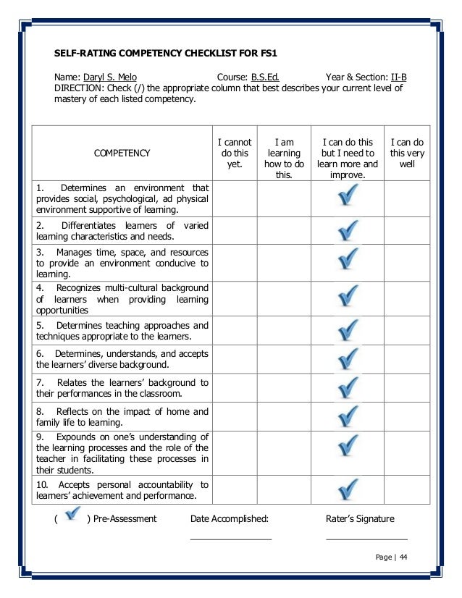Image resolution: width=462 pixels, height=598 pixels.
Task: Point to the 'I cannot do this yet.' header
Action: tap(235, 153)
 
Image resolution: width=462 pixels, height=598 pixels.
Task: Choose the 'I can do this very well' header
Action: tap(407, 153)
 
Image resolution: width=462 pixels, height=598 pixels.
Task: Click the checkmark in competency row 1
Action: tap(348, 195)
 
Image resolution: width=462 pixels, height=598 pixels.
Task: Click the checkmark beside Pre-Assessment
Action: tap(72, 516)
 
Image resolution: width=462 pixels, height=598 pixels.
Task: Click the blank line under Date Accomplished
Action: tap(230, 539)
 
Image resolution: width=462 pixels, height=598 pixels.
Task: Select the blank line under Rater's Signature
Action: tap(366, 539)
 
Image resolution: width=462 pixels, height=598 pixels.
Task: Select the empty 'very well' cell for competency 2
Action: tap(407, 231)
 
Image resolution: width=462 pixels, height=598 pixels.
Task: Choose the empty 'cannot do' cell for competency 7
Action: tap(235, 387)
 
